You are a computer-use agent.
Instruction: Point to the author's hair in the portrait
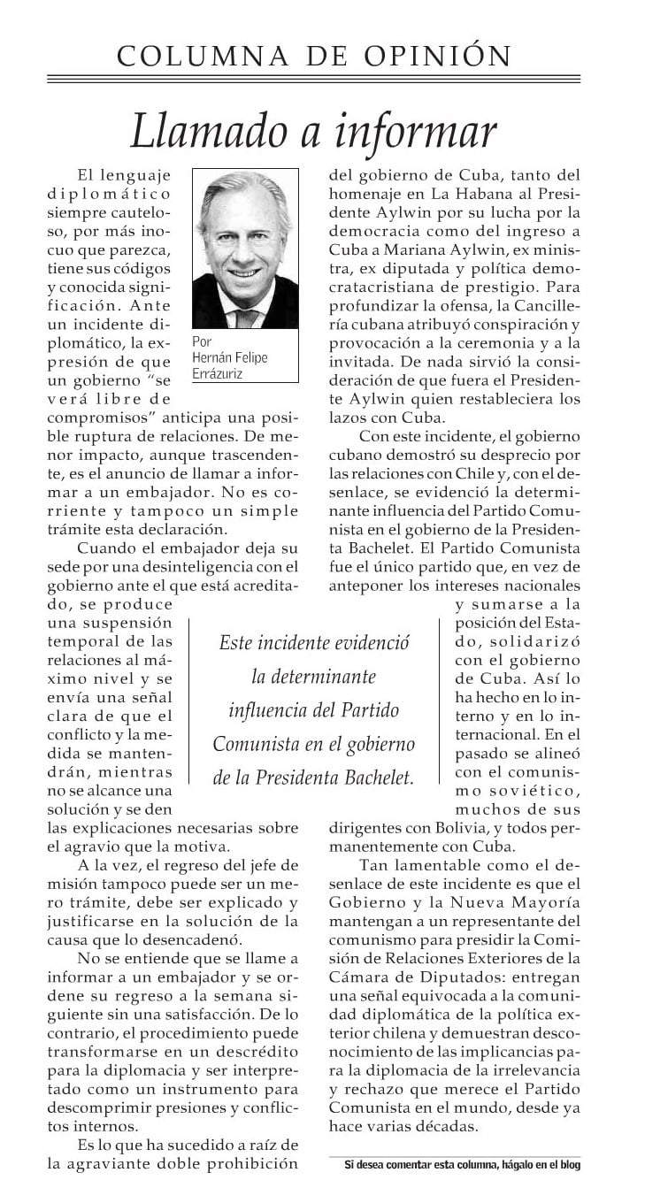click(x=240, y=191)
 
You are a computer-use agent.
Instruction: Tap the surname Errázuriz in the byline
click(x=217, y=374)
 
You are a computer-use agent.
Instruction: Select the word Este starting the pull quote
click(x=236, y=643)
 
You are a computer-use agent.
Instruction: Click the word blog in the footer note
click(x=570, y=1166)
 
